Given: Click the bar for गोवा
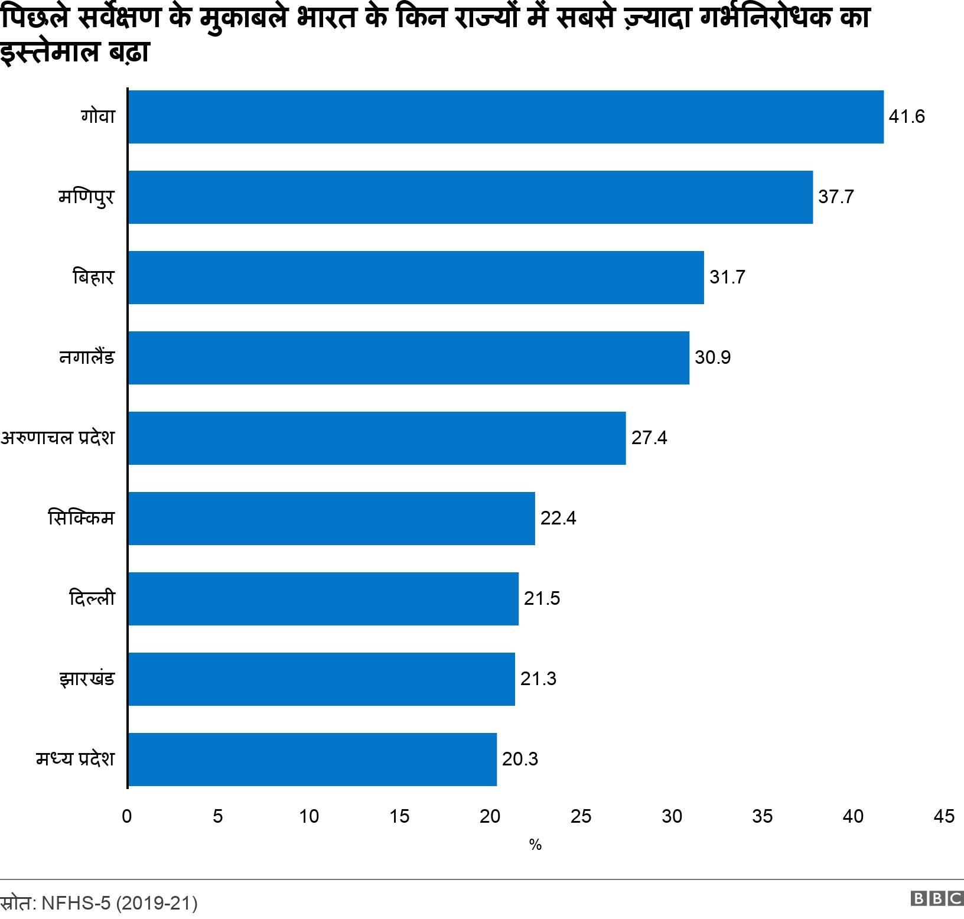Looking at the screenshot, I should pyautogui.click(x=506, y=117).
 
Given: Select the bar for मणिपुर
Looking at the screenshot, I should pyautogui.click(x=470, y=197).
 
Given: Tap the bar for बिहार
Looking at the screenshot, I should pyautogui.click(x=416, y=278).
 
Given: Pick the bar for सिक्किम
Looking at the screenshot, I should pyautogui.click(x=331, y=519).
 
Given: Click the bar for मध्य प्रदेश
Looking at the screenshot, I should pyautogui.click(x=312, y=760).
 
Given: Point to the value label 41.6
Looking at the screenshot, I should pyautogui.click(x=907, y=117).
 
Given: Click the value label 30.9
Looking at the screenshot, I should pyautogui.click(x=712, y=358).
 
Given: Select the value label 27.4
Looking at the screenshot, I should pyautogui.click(x=649, y=438).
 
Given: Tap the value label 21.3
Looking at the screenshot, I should pyautogui.click(x=538, y=679).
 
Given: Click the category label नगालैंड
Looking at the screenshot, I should pyautogui.click(x=87, y=358).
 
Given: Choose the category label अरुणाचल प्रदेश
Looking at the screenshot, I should pyautogui.click(x=57, y=438).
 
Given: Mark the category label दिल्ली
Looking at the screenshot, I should pyautogui.click(x=92, y=599).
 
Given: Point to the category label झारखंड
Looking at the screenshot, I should pyautogui.click(x=86, y=679).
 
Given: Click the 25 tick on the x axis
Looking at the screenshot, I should pyautogui.click(x=581, y=816).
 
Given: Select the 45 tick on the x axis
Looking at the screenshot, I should pyautogui.click(x=943, y=816).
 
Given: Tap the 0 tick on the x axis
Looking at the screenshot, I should pyautogui.click(x=127, y=816).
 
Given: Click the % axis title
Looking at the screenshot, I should pyautogui.click(x=535, y=845).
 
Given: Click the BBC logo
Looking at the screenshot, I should pyautogui.click(x=937, y=898).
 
